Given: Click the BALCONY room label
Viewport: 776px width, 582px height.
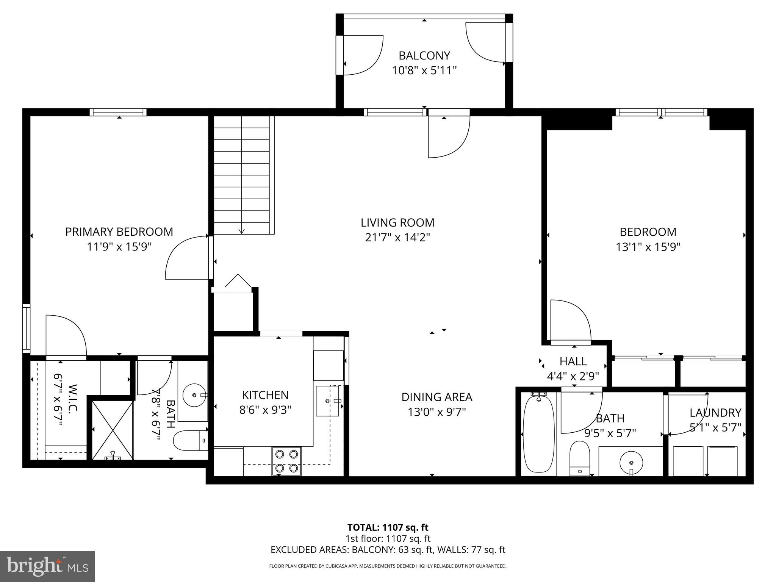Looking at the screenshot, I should click(424, 56).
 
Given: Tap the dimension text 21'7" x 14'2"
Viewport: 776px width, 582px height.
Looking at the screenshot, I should click(397, 238).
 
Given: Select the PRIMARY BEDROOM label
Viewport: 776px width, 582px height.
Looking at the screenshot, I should click(119, 232).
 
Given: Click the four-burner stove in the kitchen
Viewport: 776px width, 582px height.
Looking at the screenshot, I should click(286, 461).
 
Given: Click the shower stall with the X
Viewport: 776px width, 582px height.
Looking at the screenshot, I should click(113, 430).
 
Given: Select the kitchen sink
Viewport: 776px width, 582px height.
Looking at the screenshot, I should click(327, 401).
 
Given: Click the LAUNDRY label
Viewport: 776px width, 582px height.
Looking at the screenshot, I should click(715, 413).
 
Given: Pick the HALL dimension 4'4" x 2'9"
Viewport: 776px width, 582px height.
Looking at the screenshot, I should click(573, 376).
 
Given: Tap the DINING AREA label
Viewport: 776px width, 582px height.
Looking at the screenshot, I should click(436, 397).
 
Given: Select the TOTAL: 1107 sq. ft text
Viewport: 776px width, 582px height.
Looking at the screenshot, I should click(388, 527).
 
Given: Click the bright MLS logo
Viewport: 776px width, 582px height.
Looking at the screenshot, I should click(47, 566).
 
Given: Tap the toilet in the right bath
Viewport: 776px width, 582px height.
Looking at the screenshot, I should click(580, 458).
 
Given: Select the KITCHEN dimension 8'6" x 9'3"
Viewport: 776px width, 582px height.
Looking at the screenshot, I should click(265, 410).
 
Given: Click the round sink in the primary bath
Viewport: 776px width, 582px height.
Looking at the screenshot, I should click(194, 395).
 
